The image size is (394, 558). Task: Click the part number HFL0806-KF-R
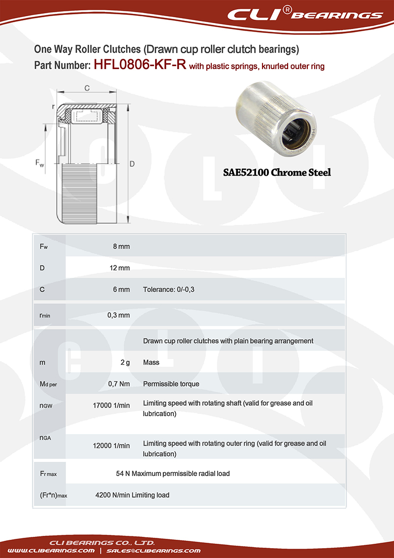[x=139, y=65]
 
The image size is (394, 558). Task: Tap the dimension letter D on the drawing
[x=132, y=164]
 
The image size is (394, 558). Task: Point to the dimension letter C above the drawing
[x=87, y=88]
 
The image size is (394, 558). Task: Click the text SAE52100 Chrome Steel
[x=277, y=172]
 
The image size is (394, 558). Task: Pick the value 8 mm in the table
[x=121, y=246]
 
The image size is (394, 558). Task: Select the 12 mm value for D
[x=119, y=268]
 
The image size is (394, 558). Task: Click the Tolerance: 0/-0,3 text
[x=168, y=290]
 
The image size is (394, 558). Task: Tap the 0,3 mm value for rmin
[x=118, y=315]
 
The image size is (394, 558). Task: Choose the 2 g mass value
[x=125, y=362]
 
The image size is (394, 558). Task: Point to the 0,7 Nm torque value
[x=119, y=384]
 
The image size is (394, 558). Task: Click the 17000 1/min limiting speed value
[x=111, y=406]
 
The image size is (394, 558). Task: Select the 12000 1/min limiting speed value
[x=111, y=446]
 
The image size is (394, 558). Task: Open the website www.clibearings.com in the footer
[x=51, y=550]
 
